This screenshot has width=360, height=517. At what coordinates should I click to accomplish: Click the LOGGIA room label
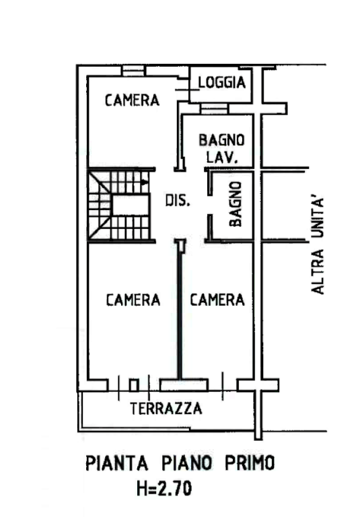coord(222,82)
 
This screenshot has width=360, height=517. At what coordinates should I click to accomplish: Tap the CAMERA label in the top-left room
coord(132,100)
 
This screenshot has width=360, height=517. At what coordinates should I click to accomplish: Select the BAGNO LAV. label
coord(221,149)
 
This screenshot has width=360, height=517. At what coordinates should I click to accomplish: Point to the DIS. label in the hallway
coord(178,200)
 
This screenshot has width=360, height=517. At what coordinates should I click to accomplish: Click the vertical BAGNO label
coord(236,204)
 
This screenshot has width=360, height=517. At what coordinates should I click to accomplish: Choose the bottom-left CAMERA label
coord(133,300)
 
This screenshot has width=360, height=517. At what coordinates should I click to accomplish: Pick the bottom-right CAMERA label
coord(217,300)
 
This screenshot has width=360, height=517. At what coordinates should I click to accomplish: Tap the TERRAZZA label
coord(166,409)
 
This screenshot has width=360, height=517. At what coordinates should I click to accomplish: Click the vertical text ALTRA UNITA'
coord(318,246)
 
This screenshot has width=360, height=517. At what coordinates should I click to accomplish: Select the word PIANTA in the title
coord(116,463)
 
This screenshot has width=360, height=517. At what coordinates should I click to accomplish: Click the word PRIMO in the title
coord(250,463)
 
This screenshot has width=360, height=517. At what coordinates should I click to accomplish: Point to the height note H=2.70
coord(164,488)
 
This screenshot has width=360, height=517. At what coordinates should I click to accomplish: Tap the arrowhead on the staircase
coord(144,182)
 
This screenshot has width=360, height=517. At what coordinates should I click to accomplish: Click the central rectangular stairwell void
coord(131,205)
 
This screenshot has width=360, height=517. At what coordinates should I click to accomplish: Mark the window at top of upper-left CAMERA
coord(133,71)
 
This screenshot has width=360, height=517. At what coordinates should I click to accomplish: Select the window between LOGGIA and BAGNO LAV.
coord(214,109)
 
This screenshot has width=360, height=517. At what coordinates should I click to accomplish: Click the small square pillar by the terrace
coord(133,385)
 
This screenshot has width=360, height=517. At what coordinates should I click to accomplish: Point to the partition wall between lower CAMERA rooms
coord(180,310)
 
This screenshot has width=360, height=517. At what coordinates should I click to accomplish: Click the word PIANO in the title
coord(186,463)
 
